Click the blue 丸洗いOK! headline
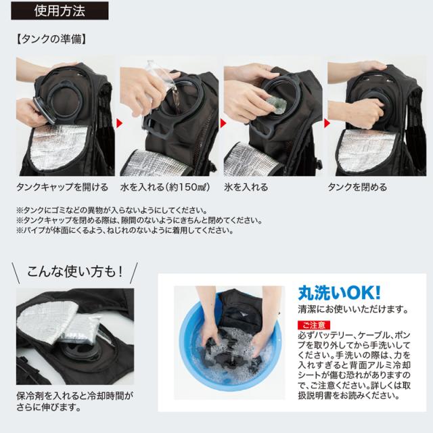pyautogui.click(x=339, y=292)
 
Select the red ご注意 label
pyautogui.click(x=313, y=325)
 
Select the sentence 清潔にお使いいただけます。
pyautogui.click(x=352, y=309)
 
